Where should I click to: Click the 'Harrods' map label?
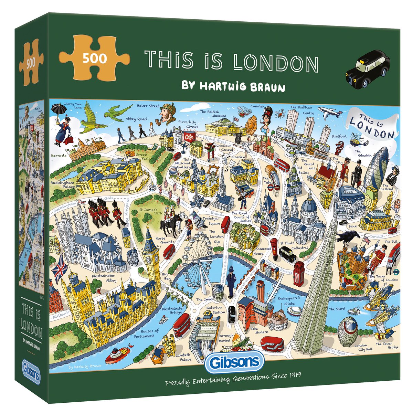point(58,156)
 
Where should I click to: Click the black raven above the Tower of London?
point(347,237)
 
